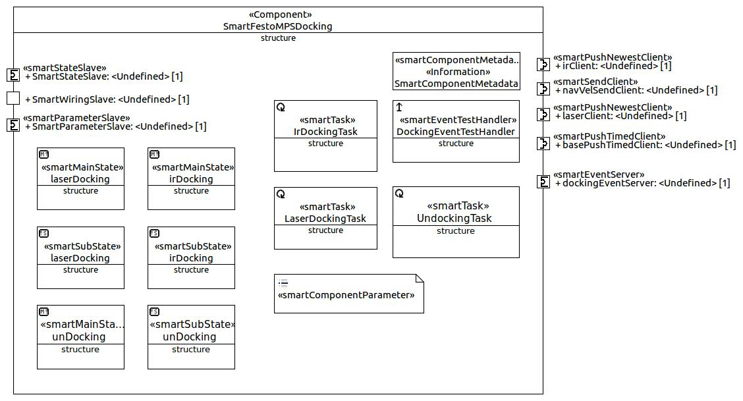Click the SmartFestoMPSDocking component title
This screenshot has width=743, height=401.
[278, 26]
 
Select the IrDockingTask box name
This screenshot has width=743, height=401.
[325, 132]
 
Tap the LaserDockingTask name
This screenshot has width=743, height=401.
[325, 218]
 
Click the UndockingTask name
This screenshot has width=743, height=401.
[454, 218]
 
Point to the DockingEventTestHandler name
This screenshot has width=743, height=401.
[456, 132]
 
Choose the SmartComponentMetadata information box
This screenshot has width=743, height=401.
[456, 72]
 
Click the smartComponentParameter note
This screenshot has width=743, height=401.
[348, 294]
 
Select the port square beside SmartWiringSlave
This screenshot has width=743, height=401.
[13, 98]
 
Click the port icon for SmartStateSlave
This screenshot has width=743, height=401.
[13, 75]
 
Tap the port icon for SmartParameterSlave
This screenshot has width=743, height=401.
[13, 125]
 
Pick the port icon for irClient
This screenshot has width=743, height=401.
[543, 65]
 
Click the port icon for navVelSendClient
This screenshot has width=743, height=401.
[543, 88]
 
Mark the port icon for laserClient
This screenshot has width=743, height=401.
[543, 114]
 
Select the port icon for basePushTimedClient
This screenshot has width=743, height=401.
[543, 144]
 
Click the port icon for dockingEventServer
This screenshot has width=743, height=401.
[543, 182]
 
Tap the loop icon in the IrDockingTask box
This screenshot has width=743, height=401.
[281, 107]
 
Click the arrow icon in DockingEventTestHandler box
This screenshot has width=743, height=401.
[399, 107]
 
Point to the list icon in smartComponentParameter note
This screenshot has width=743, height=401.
[283, 283]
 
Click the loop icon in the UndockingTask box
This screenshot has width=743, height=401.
[399, 193]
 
